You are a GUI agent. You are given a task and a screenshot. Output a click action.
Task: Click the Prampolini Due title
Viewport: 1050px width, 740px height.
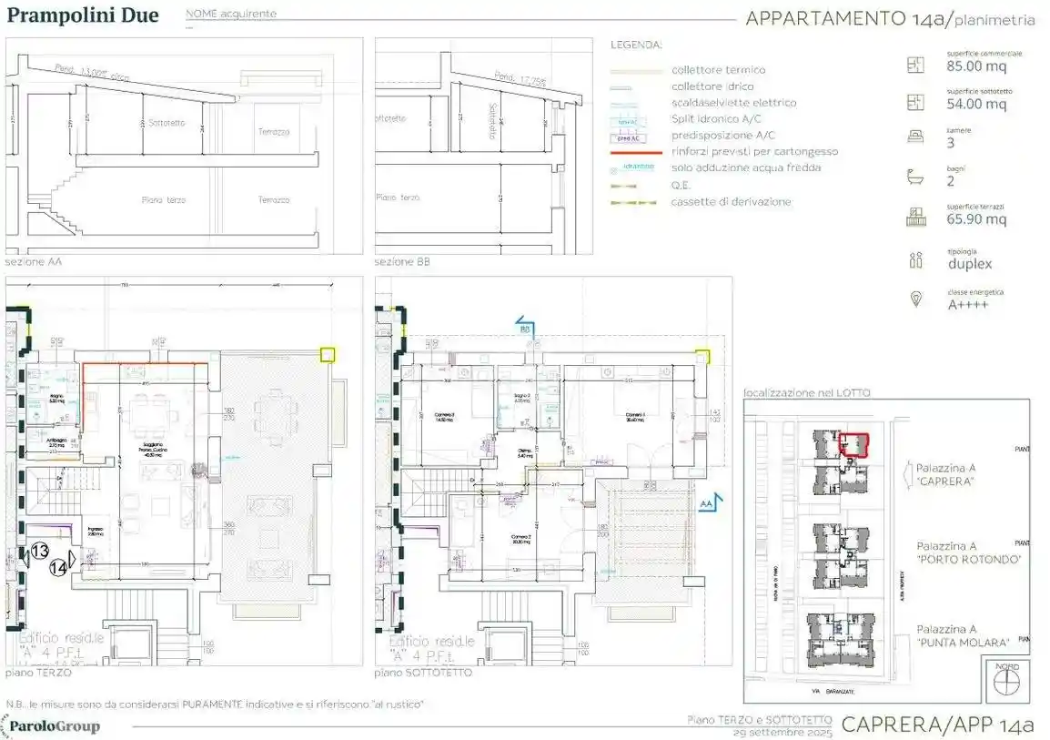click(x=83, y=15)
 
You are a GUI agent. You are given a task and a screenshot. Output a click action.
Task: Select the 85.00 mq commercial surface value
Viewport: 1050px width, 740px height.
click(x=976, y=66)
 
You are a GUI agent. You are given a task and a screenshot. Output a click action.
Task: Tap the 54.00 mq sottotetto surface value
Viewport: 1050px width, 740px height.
click(x=976, y=105)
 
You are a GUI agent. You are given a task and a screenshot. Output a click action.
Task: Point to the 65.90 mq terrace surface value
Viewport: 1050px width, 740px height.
click(x=976, y=219)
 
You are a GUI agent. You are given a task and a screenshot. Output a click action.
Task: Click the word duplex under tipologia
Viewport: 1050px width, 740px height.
click(x=969, y=264)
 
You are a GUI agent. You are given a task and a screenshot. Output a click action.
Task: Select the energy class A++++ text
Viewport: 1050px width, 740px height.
click(x=968, y=305)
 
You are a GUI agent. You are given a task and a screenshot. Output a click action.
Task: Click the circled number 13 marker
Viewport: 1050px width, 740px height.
click(x=40, y=551)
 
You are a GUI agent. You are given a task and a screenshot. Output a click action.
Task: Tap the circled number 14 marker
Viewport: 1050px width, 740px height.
click(x=57, y=567)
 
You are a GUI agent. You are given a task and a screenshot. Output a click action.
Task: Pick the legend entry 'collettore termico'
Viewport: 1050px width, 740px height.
click(x=718, y=70)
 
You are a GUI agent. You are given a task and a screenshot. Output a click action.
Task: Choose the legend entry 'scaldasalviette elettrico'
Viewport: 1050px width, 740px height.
click(x=733, y=103)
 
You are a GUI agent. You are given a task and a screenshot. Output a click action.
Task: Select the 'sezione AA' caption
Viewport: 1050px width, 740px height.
click(x=34, y=262)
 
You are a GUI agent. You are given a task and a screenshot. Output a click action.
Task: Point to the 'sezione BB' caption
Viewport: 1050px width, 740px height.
click(x=402, y=262)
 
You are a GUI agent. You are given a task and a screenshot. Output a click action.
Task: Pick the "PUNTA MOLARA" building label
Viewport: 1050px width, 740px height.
click(x=964, y=642)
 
